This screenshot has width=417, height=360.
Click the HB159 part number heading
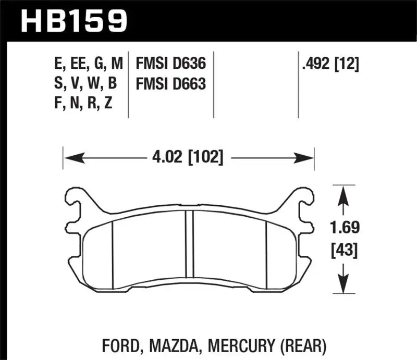click(x=73, y=21)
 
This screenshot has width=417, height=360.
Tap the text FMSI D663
click(x=171, y=83)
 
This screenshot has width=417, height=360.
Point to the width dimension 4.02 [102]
click(x=188, y=157)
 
